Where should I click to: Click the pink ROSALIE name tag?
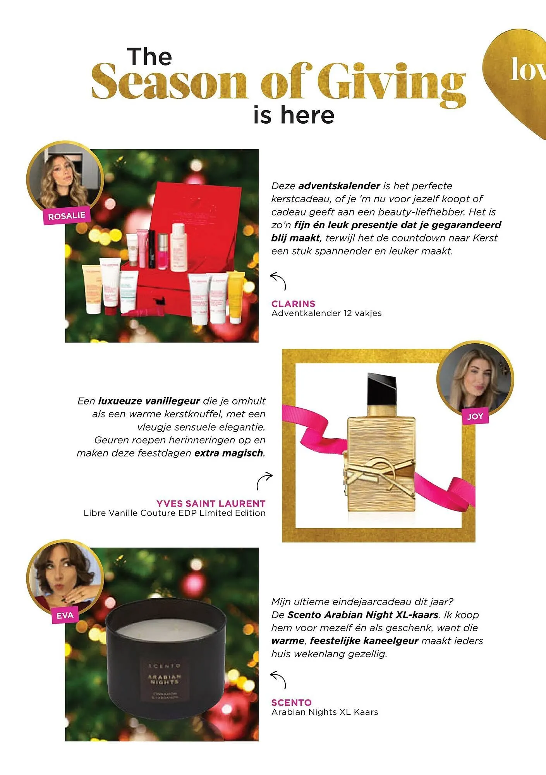pyautogui.click(x=66, y=215)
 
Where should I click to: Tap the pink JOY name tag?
pyautogui.click(x=475, y=416)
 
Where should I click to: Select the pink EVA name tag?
pyautogui.click(x=65, y=615)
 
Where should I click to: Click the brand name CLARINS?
pyautogui.click(x=293, y=303)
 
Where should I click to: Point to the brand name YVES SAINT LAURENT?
pyautogui.click(x=211, y=503)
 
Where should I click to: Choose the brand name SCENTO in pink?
pyautogui.click(x=291, y=702)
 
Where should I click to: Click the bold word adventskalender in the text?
pyautogui.click(x=339, y=186)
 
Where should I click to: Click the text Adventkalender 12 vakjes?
pyautogui.click(x=326, y=313)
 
